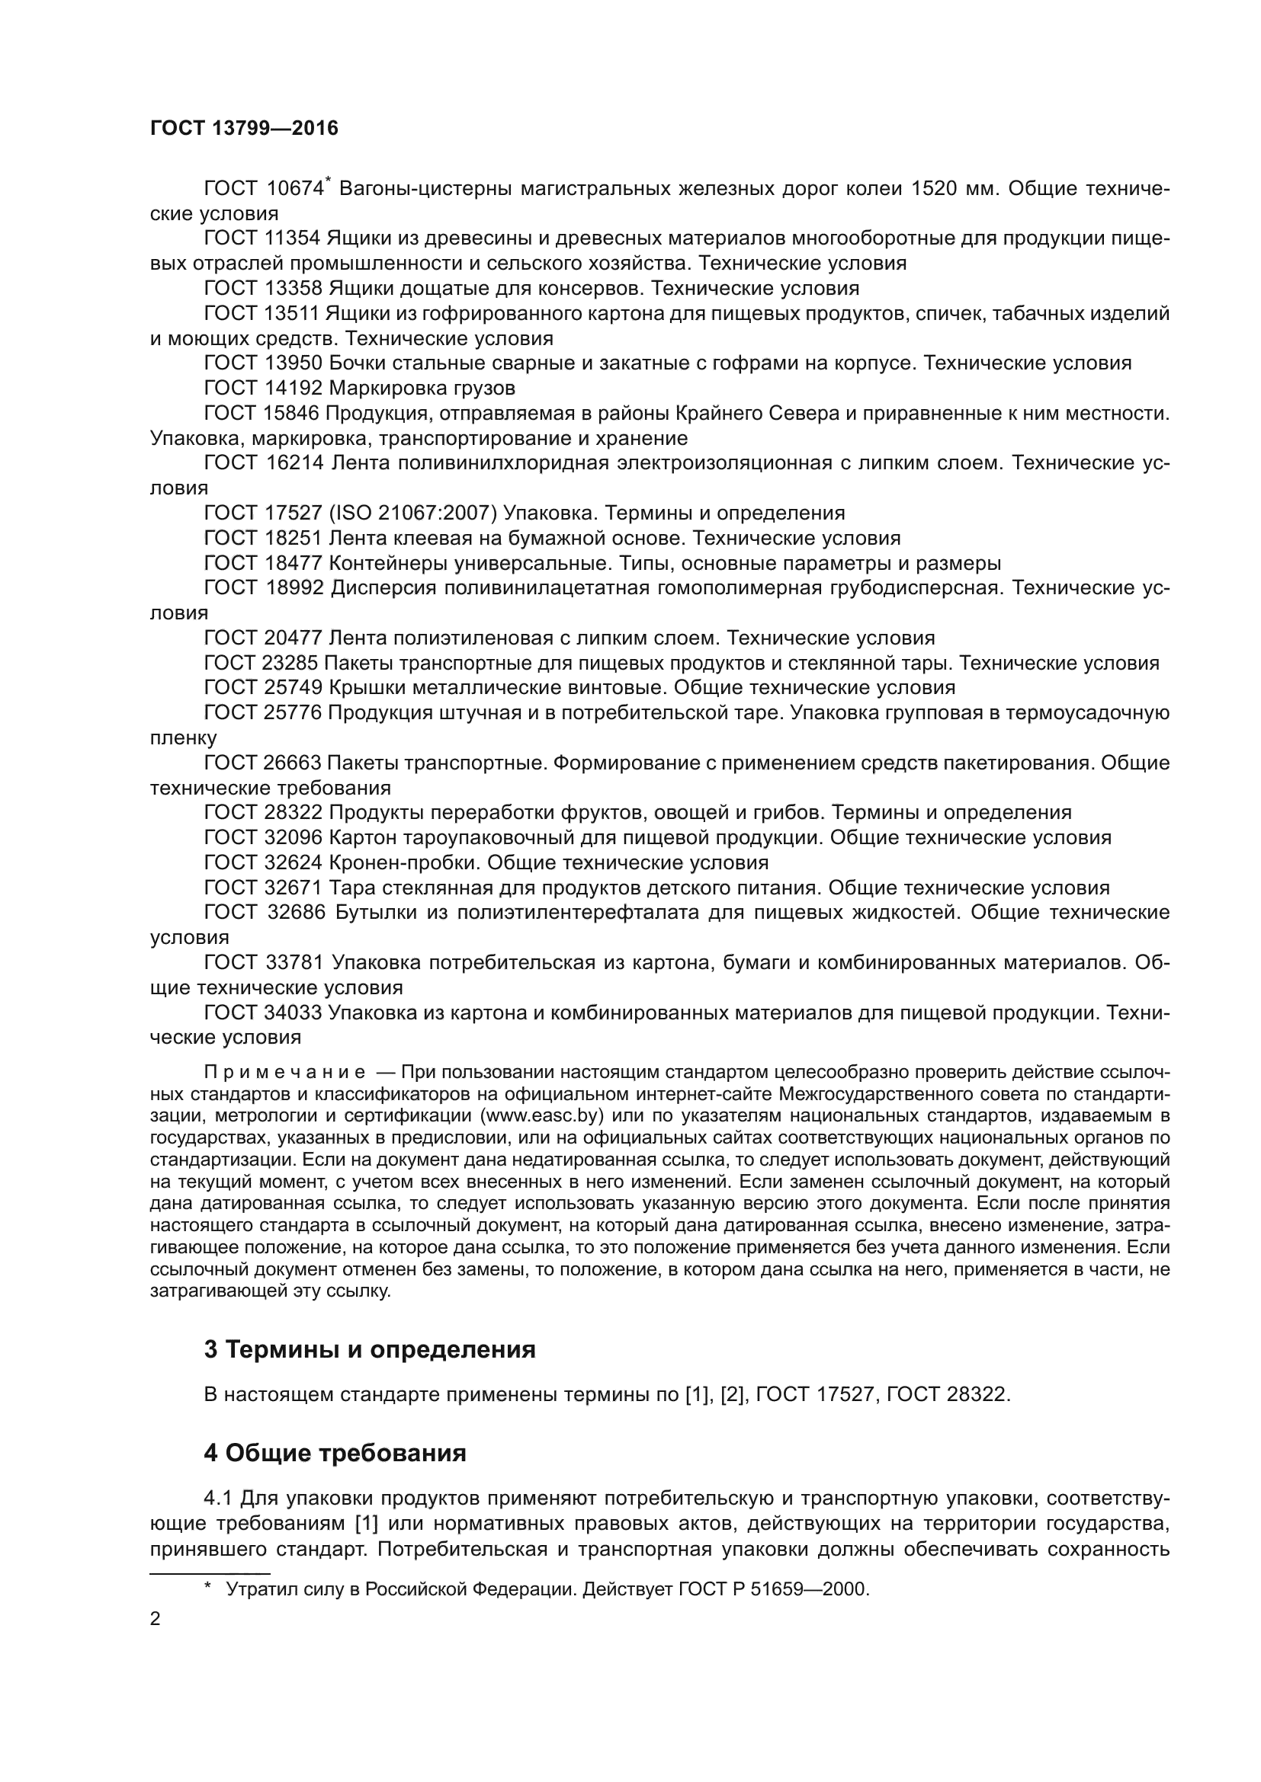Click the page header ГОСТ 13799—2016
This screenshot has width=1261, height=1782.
tap(244, 128)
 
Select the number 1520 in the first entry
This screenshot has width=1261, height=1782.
tap(934, 189)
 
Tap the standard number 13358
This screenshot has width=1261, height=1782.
tap(293, 289)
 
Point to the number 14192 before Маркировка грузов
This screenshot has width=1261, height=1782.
tap(293, 388)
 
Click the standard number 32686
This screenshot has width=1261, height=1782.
tap(297, 913)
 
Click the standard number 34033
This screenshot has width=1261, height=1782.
tap(293, 1013)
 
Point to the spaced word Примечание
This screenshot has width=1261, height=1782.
tap(284, 1073)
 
